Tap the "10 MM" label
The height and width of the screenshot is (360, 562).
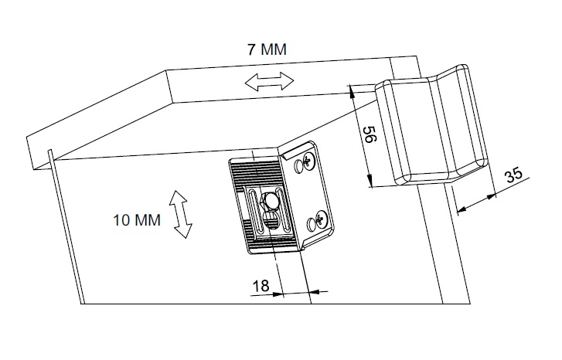click(137, 219)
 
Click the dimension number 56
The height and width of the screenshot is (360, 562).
click(369, 138)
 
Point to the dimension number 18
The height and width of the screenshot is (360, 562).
click(261, 286)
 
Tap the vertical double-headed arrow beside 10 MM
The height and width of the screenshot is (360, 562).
click(182, 214)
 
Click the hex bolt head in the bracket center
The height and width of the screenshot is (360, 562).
click(272, 203)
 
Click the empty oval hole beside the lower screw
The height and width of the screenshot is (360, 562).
click(312, 223)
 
